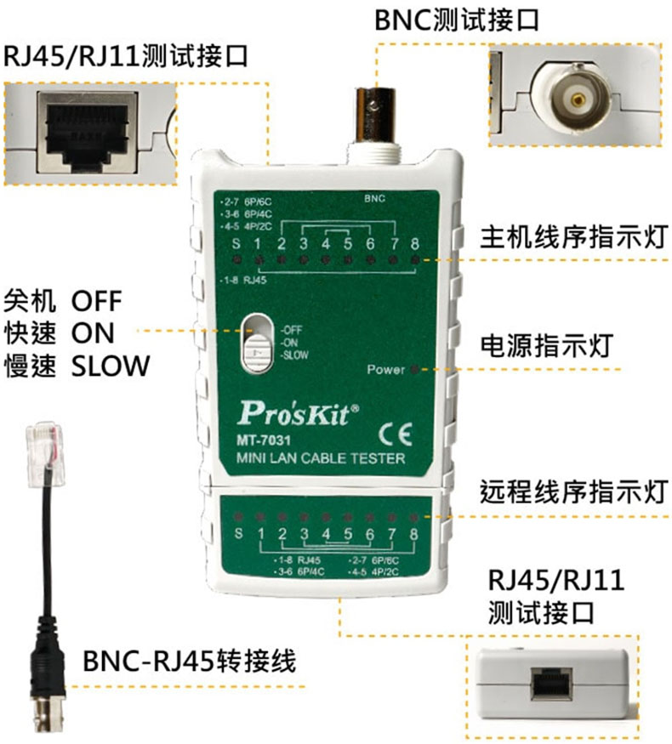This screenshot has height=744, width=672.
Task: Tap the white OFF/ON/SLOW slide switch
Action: pyautogui.click(x=255, y=344)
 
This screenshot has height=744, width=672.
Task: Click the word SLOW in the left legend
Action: pyautogui.click(x=111, y=366)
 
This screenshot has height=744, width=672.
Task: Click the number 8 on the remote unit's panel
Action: pyautogui.click(x=414, y=534)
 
